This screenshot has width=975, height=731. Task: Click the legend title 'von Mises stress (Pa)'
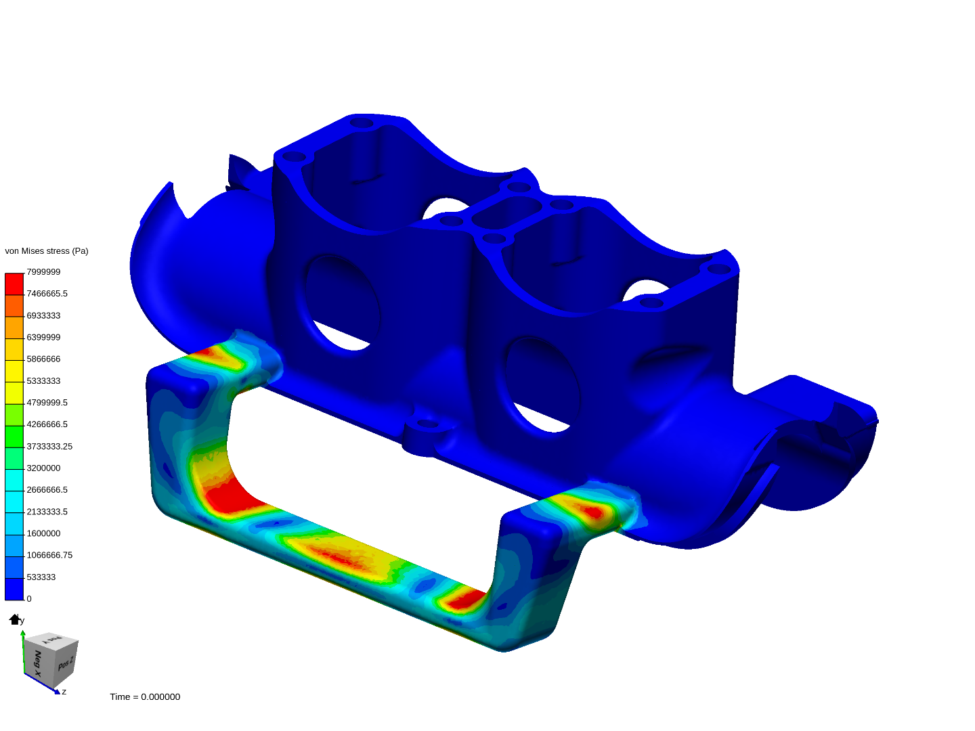point(47,251)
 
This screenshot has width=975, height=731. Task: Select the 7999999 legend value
point(43,272)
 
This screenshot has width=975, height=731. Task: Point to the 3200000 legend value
point(43,468)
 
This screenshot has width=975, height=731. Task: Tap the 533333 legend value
point(41,577)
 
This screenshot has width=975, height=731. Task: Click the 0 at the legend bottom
point(29,599)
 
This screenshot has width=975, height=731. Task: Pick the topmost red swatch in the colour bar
point(14,284)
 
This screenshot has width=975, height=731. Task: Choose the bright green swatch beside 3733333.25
point(14,437)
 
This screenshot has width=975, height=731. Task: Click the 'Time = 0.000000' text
point(145,697)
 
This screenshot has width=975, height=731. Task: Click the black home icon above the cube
point(14,619)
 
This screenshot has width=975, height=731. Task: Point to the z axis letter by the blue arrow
point(64,692)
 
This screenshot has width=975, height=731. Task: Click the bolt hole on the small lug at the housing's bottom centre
point(427,424)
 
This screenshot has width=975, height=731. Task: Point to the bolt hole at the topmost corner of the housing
point(362,123)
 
